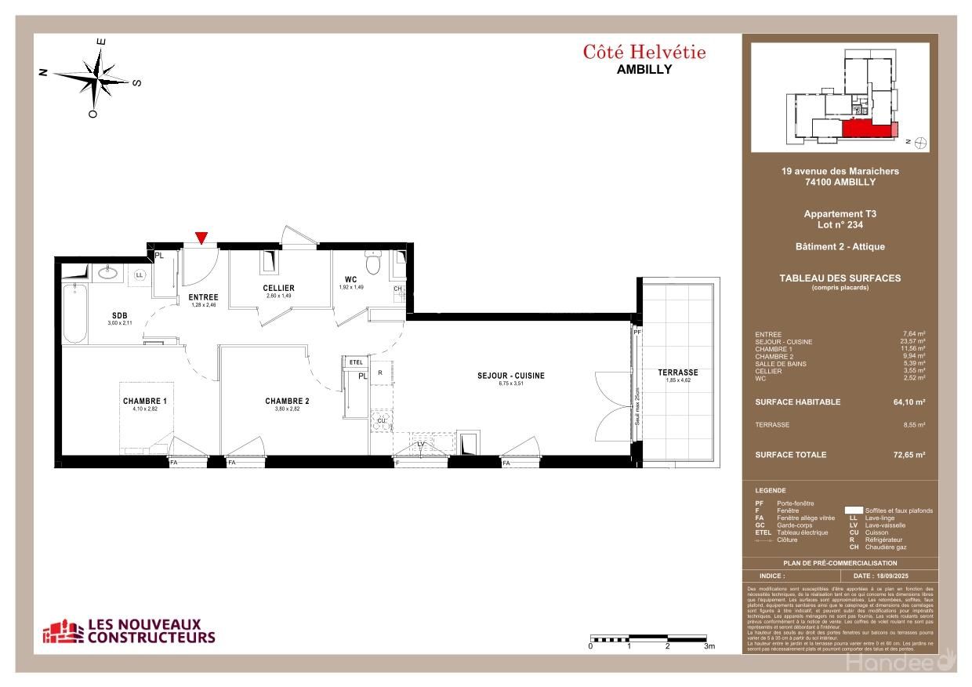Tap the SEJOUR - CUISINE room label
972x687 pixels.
coord(510,376)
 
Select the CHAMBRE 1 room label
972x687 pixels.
coord(145,401)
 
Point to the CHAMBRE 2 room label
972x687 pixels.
coord(287,401)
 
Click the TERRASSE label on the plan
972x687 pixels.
coord(677,373)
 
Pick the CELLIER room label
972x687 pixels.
coord(278,288)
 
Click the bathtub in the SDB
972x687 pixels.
coord(74,313)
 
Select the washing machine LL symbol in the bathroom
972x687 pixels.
coord(140,275)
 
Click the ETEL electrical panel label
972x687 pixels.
coord(356,362)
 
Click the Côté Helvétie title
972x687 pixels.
coord(644,53)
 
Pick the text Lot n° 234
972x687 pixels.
coord(840,224)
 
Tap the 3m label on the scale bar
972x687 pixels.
coord(709,647)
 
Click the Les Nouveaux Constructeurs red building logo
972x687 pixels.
coord(63,631)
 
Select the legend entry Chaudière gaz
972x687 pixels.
coord(885,547)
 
